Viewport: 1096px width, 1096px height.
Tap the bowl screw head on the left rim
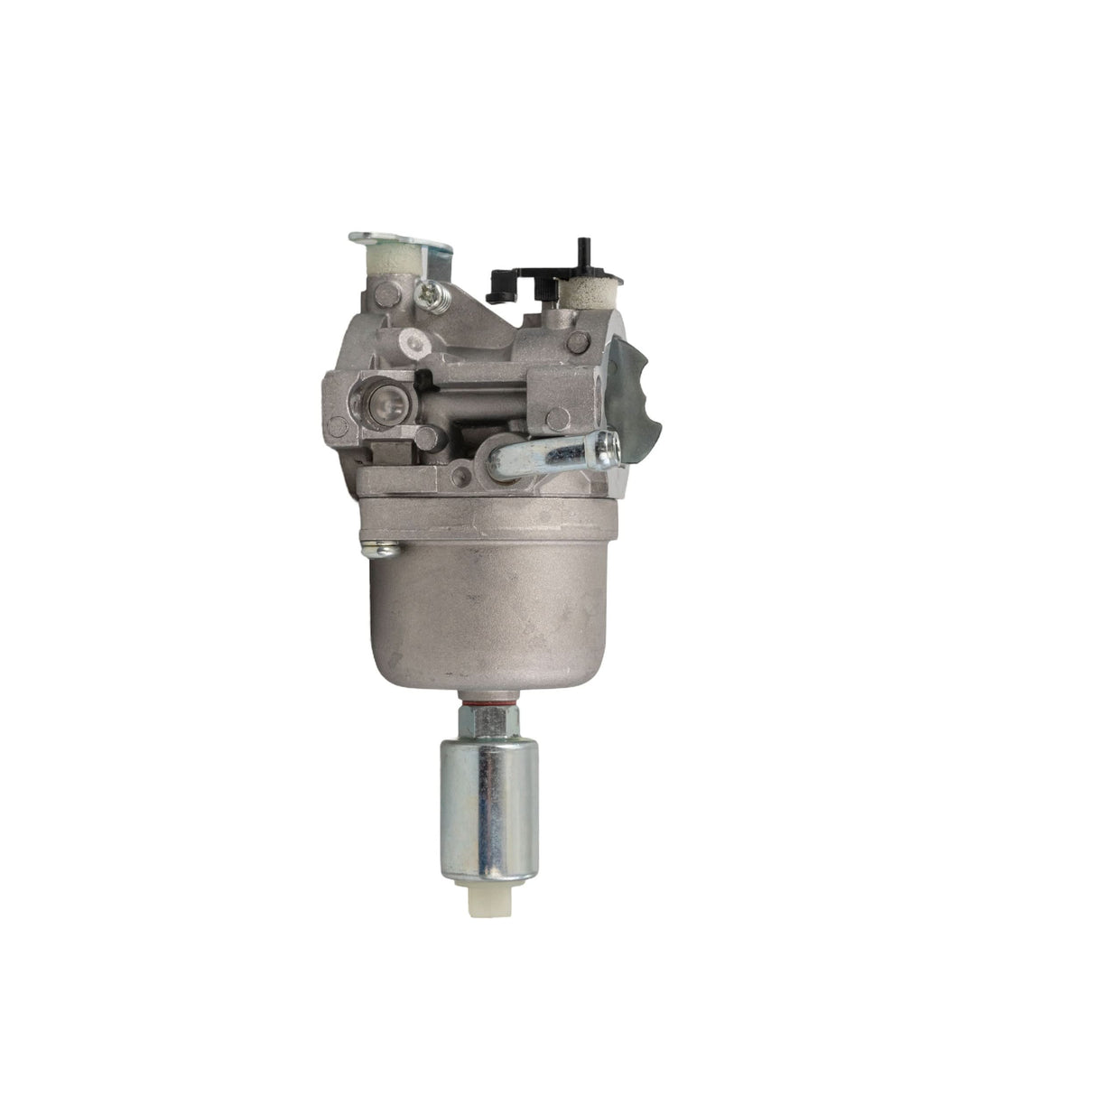coord(373,545)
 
